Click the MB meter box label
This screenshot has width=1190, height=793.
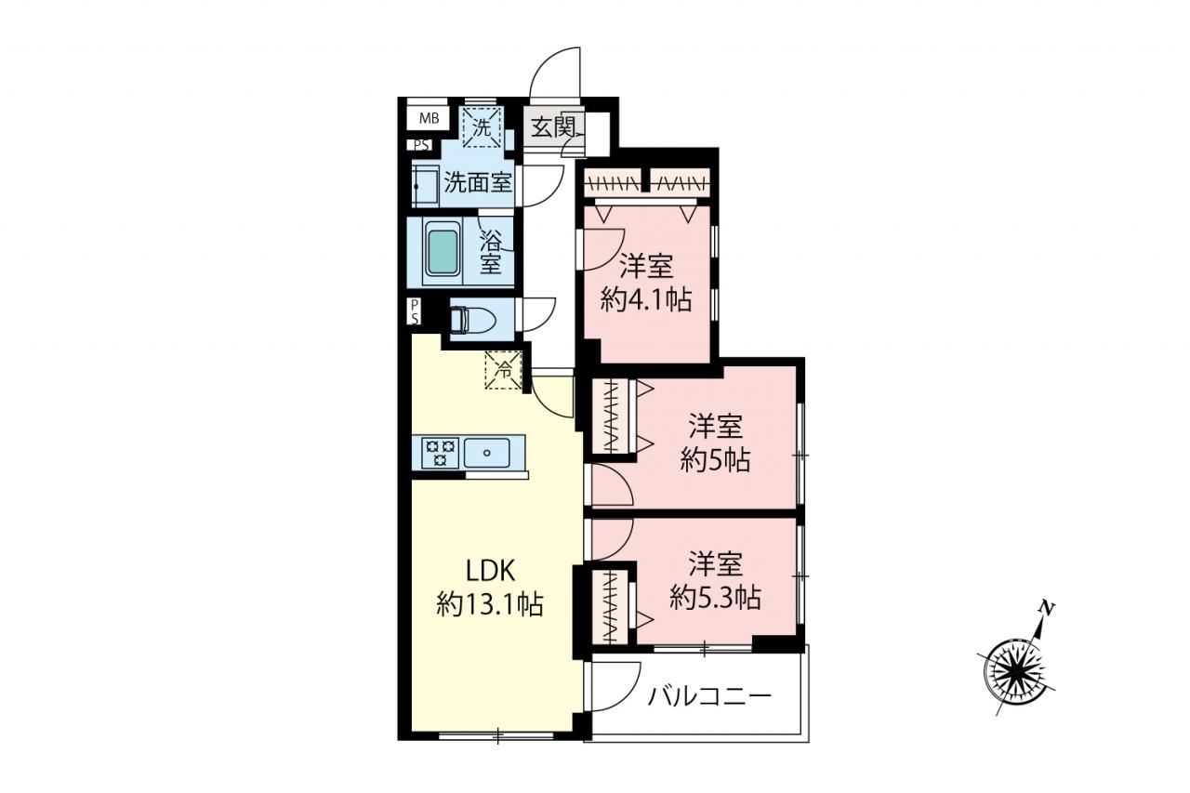[x=430, y=118]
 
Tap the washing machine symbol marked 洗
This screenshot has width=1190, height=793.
[x=482, y=127]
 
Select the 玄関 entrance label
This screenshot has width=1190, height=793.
[x=553, y=127]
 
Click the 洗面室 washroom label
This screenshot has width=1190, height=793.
[x=478, y=183]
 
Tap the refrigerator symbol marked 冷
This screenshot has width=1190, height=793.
[x=503, y=370]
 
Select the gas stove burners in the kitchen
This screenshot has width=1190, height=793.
[x=440, y=453]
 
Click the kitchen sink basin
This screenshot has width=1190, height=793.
[x=486, y=453]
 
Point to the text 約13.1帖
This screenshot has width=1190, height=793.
[x=490, y=605]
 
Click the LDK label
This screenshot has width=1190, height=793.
[x=490, y=572]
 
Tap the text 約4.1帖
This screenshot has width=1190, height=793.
[x=646, y=300]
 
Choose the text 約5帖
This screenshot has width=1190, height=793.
[x=716, y=460]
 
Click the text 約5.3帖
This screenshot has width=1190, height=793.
[x=715, y=598]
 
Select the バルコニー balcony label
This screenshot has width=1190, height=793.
[x=709, y=695]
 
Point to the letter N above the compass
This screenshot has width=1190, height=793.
[x=1047, y=608]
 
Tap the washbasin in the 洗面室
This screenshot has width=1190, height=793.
[x=426, y=187]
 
